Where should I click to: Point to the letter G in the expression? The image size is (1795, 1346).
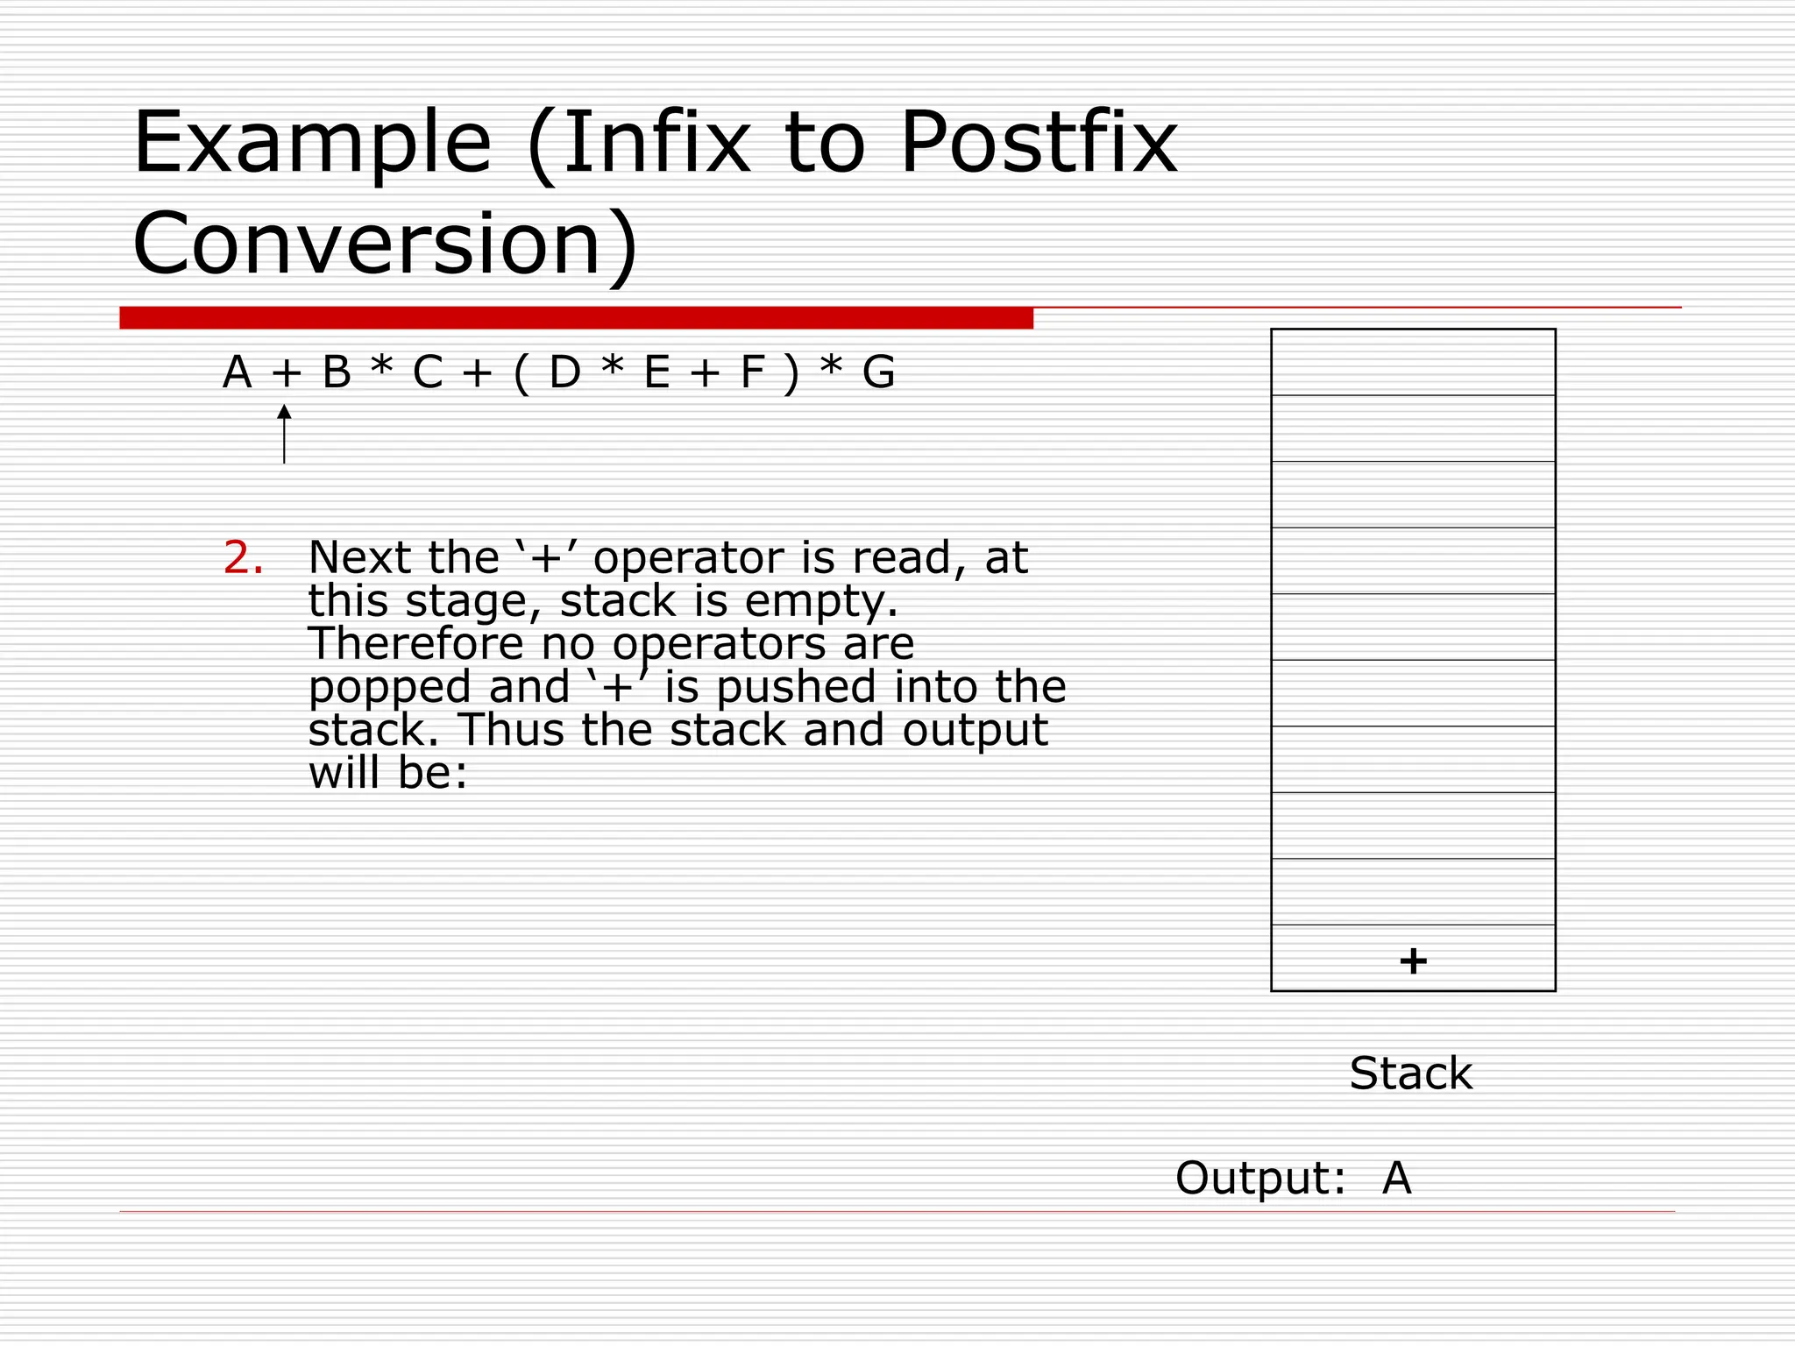pos(878,373)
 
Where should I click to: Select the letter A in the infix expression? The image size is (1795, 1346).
pos(238,373)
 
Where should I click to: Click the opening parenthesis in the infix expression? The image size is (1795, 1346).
pos(521,373)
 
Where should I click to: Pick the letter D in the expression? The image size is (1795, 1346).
pos(564,373)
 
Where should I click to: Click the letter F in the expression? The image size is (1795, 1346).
pos(753,373)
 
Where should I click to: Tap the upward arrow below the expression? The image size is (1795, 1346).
pos(284,433)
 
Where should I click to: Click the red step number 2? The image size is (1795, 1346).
pos(243,558)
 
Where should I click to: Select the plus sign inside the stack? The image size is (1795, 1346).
pos(1413,960)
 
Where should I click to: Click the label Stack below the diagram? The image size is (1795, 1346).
pos(1410,1073)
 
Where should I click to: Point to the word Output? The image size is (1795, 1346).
pos(1259,1178)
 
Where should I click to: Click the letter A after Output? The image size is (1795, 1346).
pos(1397,1178)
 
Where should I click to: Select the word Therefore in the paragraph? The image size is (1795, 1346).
pos(415,644)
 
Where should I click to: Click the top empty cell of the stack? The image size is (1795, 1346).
pos(1413,362)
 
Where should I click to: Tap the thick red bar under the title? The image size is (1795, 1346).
pos(576,318)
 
